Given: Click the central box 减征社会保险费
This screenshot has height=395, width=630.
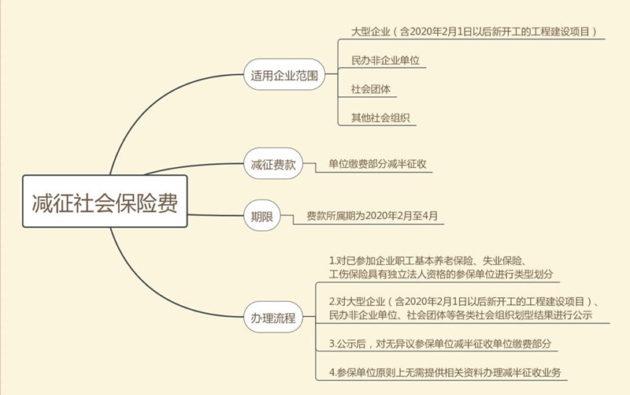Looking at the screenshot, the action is click(105, 201).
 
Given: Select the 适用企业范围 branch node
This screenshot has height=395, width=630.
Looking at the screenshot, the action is click(284, 75).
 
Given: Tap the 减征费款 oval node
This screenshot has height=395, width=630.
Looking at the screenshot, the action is click(273, 164).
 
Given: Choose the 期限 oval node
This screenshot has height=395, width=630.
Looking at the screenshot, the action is click(262, 216).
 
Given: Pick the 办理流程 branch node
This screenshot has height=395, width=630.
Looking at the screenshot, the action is click(273, 318).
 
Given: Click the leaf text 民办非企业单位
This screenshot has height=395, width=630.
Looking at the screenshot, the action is click(385, 61).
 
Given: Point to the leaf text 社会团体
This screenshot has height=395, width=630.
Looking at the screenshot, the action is click(371, 89).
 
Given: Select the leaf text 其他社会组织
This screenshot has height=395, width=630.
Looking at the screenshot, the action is click(380, 117).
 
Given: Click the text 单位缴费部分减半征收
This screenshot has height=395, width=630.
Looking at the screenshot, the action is click(378, 164).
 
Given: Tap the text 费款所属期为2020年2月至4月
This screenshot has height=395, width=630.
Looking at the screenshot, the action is click(372, 215).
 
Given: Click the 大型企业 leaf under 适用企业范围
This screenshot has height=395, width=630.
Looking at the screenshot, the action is click(474, 32).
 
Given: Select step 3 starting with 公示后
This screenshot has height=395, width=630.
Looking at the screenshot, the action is click(440, 344).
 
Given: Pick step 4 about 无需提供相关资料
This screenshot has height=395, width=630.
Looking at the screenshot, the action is click(445, 372).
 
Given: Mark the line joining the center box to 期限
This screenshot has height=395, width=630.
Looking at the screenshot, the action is click(216, 215).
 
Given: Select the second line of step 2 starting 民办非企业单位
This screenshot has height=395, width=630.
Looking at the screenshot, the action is click(461, 315).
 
